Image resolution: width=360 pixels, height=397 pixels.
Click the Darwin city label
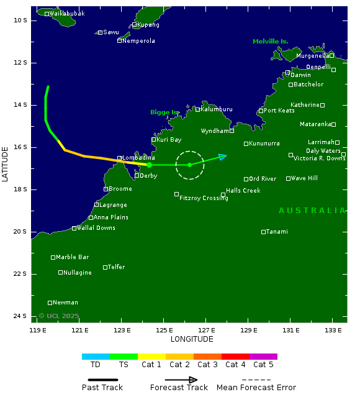pyautogui.click(x=300, y=75)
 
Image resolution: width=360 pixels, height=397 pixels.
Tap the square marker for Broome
pyautogui.click(x=106, y=189)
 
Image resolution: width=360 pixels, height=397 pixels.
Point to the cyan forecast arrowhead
pyautogui.click(x=223, y=156)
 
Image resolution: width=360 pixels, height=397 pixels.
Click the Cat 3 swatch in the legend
pyautogui.click(x=207, y=357)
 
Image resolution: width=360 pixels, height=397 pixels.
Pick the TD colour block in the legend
pyautogui.click(x=96, y=357)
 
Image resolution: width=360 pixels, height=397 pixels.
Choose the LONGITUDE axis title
pyautogui.click(x=192, y=339)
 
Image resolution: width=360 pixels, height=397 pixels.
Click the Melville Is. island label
pyautogui.click(x=270, y=42)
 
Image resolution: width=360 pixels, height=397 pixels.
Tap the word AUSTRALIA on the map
pyautogui.click(x=312, y=211)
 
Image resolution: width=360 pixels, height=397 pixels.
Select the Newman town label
pyautogui.click(x=65, y=303)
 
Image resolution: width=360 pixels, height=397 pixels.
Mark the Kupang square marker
pyautogui.click(x=134, y=25)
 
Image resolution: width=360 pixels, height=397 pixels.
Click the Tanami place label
pyautogui.click(x=277, y=232)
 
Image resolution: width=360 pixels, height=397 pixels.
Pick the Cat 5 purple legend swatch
pyautogui.click(x=263, y=357)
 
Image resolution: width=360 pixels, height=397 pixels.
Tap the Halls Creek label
pyautogui.click(x=243, y=191)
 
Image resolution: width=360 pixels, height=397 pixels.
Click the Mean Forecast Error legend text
pyautogui.click(x=256, y=388)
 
